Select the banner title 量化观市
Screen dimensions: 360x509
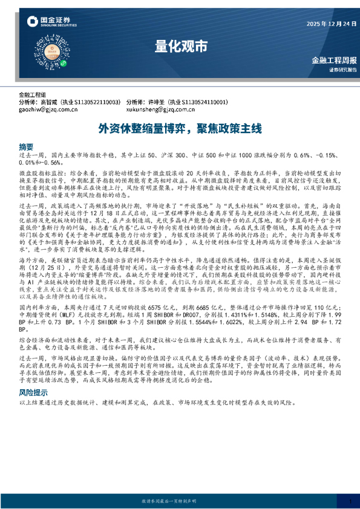click(x=180, y=45)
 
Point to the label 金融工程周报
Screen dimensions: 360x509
click(x=333, y=60)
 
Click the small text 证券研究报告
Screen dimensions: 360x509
click(x=342, y=70)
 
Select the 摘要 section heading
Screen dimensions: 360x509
click(x=26, y=146)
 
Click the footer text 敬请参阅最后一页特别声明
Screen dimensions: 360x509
click(x=180, y=501)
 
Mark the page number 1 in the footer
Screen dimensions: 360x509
click(x=350, y=501)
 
